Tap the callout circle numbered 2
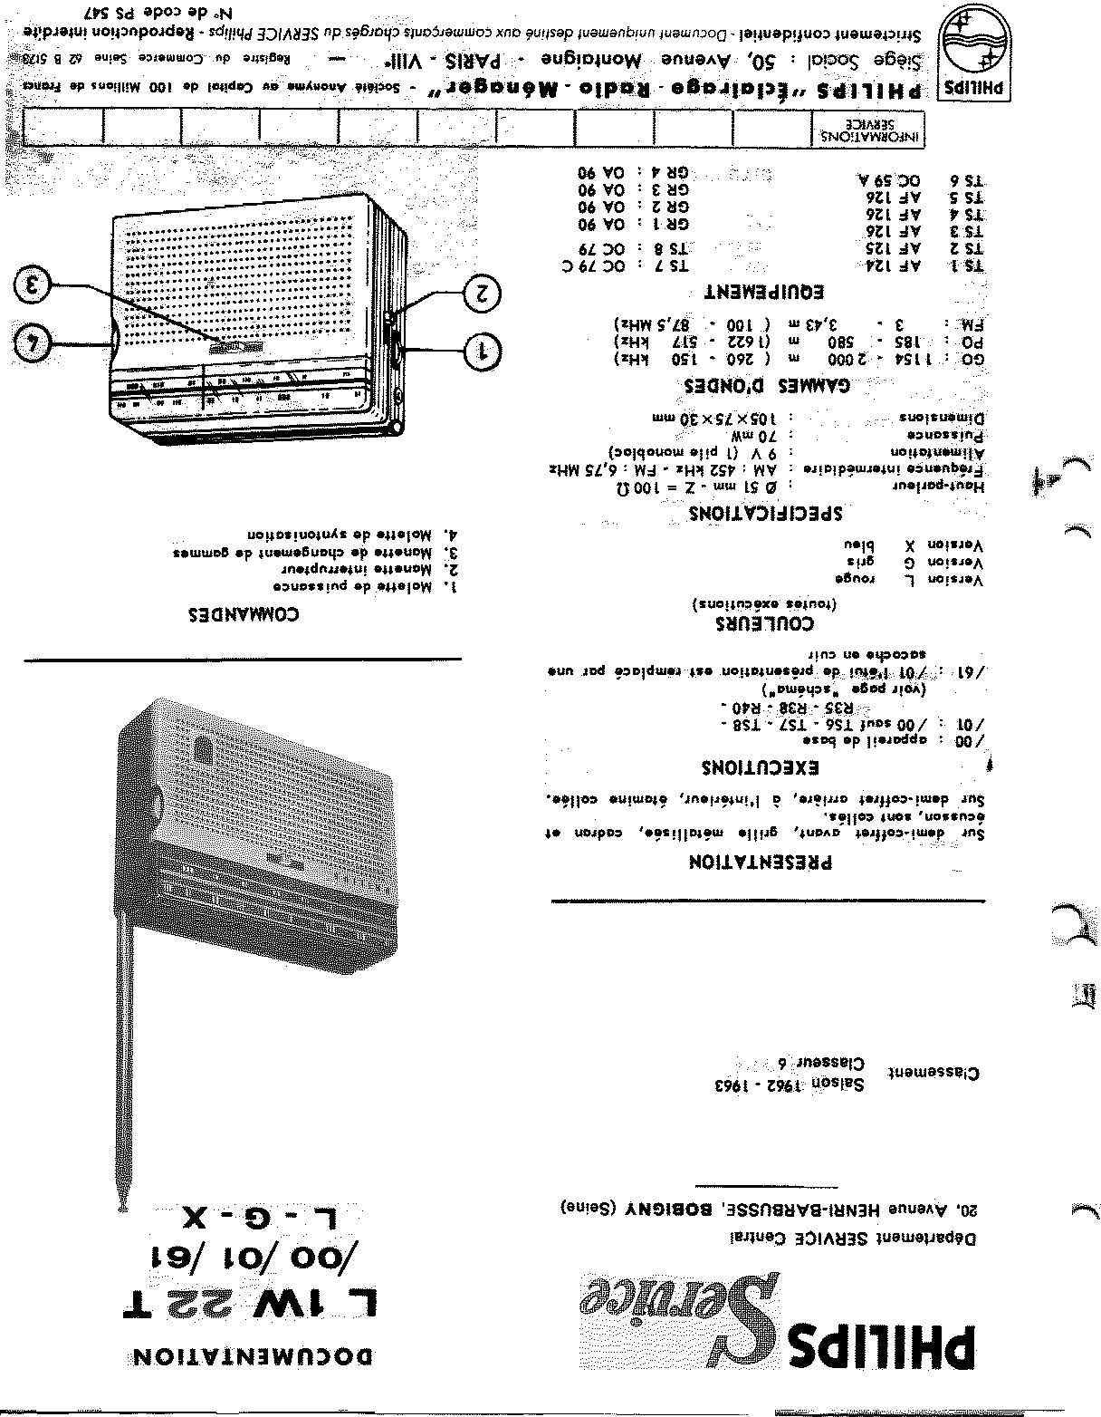point(482,293)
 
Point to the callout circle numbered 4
point(34,343)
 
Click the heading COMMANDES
point(243,613)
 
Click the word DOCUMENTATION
point(251,1356)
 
